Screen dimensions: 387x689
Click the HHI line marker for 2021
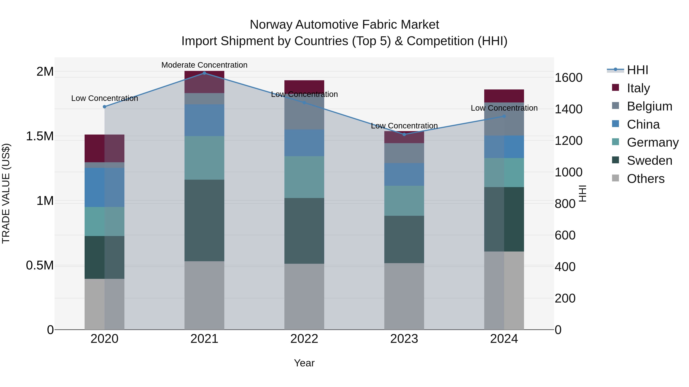[x=204, y=73]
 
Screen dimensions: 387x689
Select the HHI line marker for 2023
[x=404, y=134]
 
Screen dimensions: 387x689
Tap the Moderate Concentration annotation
[x=204, y=65]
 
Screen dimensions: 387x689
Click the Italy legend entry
[x=638, y=88]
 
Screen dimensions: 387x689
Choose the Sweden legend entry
[x=649, y=161]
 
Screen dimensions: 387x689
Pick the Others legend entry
[x=645, y=179]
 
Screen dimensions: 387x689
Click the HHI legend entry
[x=637, y=70]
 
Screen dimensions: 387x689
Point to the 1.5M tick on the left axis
[x=40, y=136]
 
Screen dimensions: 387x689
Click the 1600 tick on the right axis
[x=568, y=78]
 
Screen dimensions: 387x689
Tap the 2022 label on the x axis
[x=304, y=339]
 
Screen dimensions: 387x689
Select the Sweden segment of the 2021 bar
[x=204, y=220]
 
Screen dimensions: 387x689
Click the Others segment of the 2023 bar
[x=404, y=296]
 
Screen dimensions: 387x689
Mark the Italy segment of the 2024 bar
[x=504, y=96]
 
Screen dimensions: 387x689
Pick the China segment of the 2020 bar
[x=104, y=187]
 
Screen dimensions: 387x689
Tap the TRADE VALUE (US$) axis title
[x=6, y=193]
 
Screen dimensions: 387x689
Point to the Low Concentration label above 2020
[x=104, y=98]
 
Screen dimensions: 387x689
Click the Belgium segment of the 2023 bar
[x=404, y=153]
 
